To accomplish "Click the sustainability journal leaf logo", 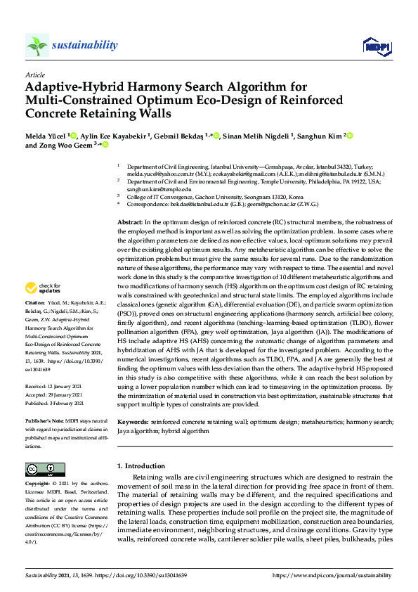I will (x=37, y=45).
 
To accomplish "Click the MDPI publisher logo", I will (x=377, y=46).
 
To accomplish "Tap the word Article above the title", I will (x=34, y=75).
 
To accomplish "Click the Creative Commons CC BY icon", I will (x=41, y=470).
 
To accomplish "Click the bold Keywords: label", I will (x=133, y=424).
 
